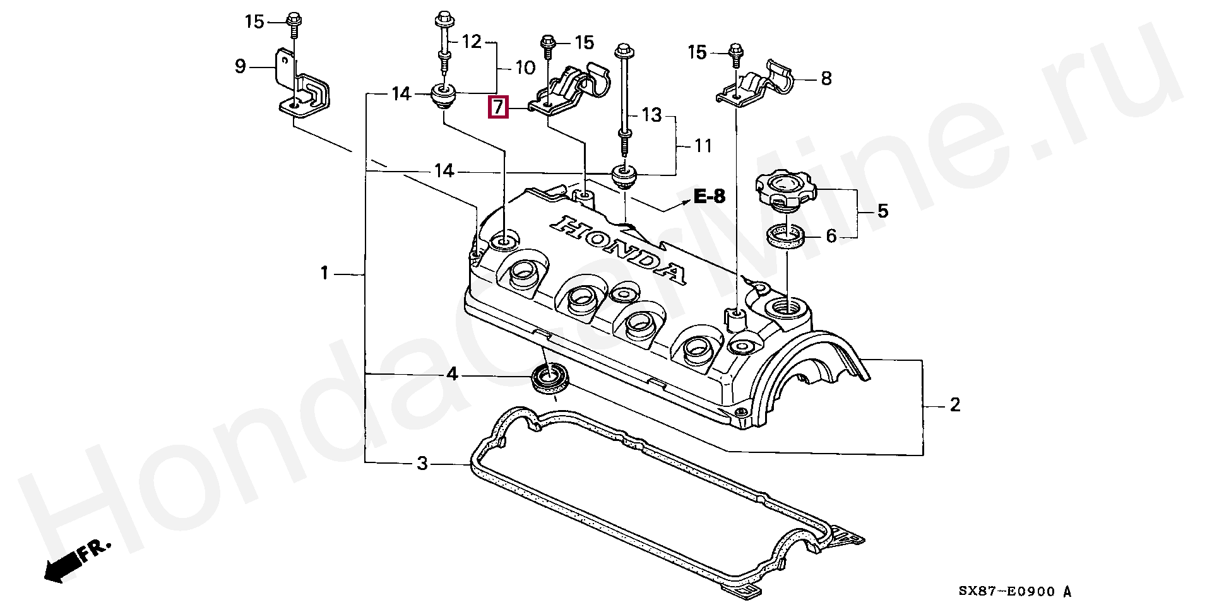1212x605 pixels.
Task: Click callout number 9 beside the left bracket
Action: pyautogui.click(x=240, y=66)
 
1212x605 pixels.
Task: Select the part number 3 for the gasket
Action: pyautogui.click(x=422, y=464)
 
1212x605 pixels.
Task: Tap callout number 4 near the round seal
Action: pyautogui.click(x=452, y=375)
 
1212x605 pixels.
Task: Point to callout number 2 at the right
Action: pyautogui.click(x=955, y=404)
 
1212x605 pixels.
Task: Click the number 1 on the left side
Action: pyautogui.click(x=324, y=273)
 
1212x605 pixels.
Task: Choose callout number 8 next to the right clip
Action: pyautogui.click(x=826, y=78)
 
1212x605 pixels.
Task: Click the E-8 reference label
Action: pyautogui.click(x=710, y=196)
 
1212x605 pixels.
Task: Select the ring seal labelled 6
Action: pyautogui.click(x=786, y=237)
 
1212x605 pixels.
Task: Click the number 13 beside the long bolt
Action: pyautogui.click(x=651, y=115)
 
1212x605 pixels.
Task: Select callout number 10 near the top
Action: pyautogui.click(x=525, y=68)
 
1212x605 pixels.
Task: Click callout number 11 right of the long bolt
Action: pyautogui.click(x=703, y=146)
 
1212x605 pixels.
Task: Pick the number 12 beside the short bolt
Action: pyautogui.click(x=472, y=42)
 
